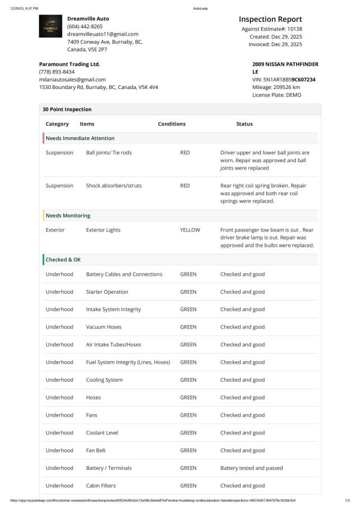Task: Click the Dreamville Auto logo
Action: click(x=51, y=26)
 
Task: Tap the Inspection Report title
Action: click(x=270, y=19)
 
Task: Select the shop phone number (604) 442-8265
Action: click(x=85, y=26)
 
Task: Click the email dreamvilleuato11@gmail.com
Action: click(x=102, y=34)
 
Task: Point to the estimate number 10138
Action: click(x=295, y=29)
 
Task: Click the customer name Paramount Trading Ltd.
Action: click(x=69, y=64)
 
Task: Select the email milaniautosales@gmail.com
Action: click(x=72, y=80)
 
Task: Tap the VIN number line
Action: click(x=284, y=80)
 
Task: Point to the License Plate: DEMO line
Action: click(x=276, y=95)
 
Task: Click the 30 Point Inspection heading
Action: click(x=67, y=109)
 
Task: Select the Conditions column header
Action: click(x=171, y=124)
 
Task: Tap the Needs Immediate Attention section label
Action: click(x=80, y=138)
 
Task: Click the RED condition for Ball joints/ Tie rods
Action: click(x=185, y=153)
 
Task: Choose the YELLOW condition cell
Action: click(x=190, y=230)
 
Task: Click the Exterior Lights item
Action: click(x=103, y=230)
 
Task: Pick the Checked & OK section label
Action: click(x=63, y=260)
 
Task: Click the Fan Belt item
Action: click(x=95, y=451)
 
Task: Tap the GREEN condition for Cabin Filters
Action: click(x=188, y=486)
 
